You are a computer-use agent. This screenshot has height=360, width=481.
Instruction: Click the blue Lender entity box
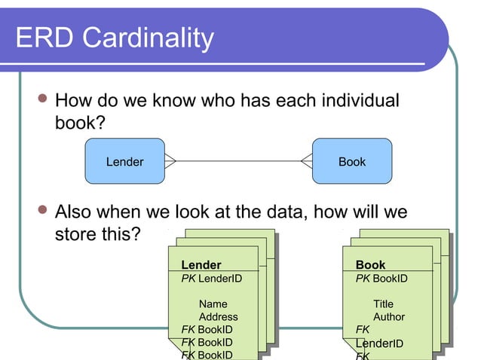point(124,161)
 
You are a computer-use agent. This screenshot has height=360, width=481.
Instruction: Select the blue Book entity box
point(352,161)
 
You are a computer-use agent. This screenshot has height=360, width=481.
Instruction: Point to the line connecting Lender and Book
point(238,161)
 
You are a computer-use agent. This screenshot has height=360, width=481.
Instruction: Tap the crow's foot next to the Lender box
point(170,161)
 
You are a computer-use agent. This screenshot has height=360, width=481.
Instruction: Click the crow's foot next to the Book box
point(306,161)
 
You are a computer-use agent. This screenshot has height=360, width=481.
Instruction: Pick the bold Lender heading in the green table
point(201,265)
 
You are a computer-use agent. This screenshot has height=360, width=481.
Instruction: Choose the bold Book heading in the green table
point(370,265)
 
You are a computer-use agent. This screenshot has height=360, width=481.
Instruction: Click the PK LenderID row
point(212,279)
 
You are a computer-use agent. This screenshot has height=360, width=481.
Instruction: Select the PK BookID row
point(381,279)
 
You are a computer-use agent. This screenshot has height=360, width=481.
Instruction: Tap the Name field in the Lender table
point(213,304)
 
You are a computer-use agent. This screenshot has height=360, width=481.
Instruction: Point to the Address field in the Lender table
point(218,317)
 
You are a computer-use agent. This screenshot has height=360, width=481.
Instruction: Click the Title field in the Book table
point(383,304)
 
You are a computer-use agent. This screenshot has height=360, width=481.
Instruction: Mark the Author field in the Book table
point(389,317)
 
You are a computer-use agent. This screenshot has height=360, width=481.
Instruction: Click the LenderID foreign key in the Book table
point(379,344)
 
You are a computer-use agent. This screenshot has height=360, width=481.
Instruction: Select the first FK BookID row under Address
point(207,330)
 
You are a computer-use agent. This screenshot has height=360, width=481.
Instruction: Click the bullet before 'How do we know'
point(44,100)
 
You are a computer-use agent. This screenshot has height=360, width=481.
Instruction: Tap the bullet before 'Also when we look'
point(44,212)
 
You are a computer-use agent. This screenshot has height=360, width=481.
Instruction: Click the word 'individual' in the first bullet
point(354,101)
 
